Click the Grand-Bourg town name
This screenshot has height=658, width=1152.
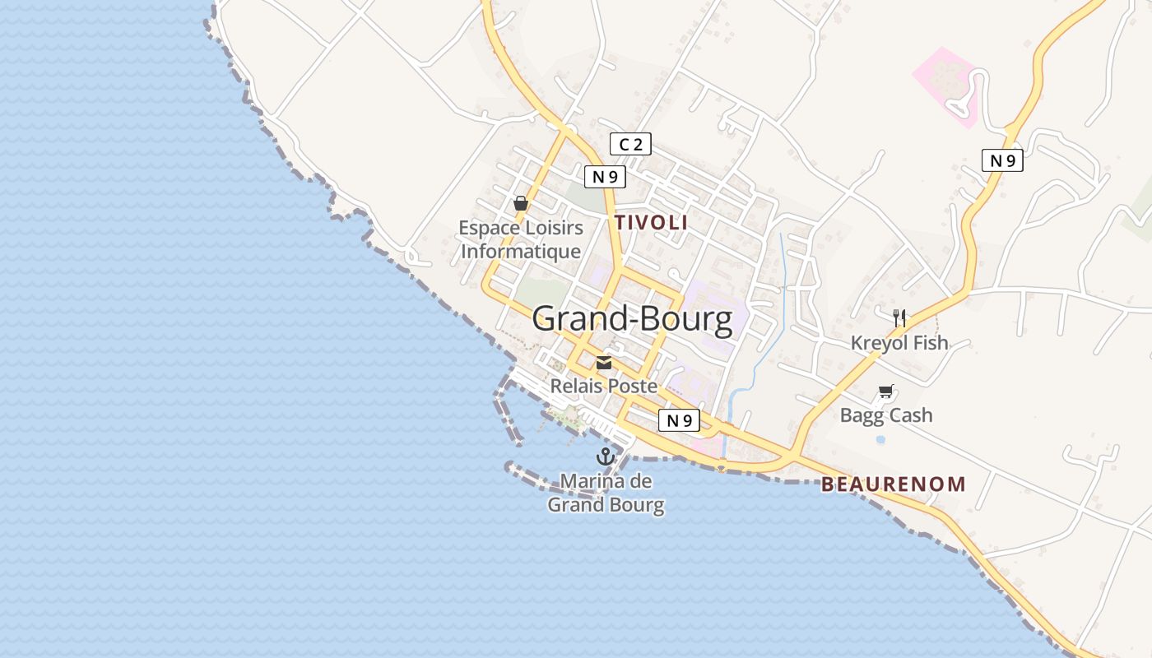[x=632, y=319]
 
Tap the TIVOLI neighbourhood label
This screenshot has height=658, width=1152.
[x=651, y=222]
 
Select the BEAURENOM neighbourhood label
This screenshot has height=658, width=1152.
[x=894, y=484]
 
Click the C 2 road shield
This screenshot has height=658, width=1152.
[x=630, y=145]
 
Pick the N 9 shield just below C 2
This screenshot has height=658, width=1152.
[x=605, y=176]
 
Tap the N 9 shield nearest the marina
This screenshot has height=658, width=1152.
[x=679, y=420]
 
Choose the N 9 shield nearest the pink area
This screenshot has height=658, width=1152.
[x=1002, y=160]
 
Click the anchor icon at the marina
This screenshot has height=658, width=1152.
[x=606, y=456]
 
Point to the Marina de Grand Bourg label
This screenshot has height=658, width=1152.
[x=606, y=493]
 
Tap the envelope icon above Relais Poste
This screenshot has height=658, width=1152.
[x=604, y=363]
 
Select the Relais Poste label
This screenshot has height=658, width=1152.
[x=603, y=386]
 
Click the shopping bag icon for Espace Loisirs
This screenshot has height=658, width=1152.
[x=520, y=203]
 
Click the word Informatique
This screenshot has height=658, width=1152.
[x=520, y=251]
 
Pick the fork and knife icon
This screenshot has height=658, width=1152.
[x=899, y=317]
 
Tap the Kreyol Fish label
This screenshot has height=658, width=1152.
[x=899, y=343]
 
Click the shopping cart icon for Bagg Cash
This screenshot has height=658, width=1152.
[x=886, y=391]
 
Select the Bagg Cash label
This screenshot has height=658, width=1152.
[x=886, y=415]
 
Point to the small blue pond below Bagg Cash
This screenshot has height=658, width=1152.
[x=881, y=440]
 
